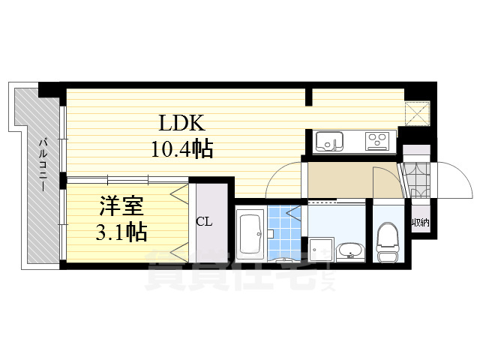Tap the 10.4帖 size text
coord(182,148)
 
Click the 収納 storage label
coord(420,223)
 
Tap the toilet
coord(388,242)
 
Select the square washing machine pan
coord(320,248)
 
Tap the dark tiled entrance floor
coord(415,179)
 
